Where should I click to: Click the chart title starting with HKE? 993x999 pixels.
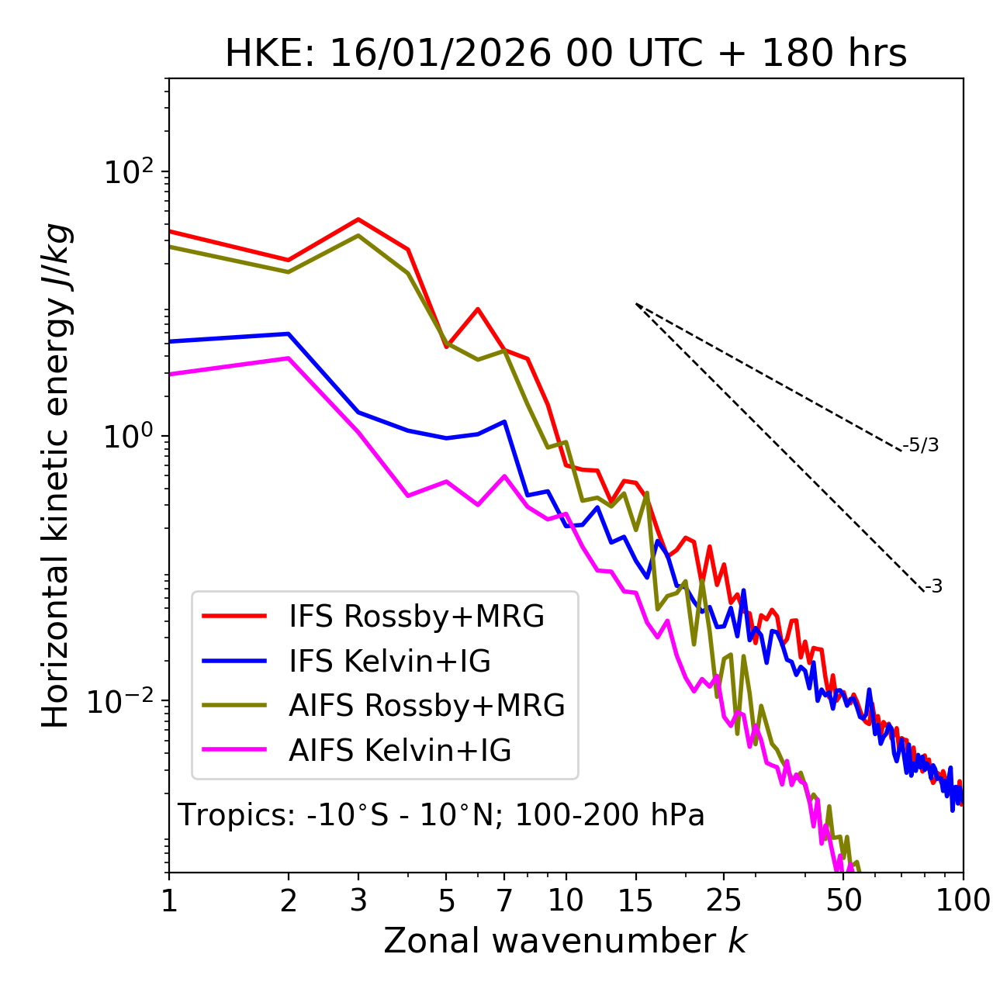(566, 54)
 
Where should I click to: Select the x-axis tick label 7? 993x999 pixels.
(504, 900)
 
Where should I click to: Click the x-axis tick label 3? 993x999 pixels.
(358, 900)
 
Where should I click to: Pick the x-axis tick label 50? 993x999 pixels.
(844, 900)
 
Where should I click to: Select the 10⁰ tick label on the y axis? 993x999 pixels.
(128, 436)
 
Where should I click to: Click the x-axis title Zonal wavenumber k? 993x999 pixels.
(566, 941)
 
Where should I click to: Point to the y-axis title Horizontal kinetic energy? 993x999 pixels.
(57, 476)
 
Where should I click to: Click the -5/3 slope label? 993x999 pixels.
(921, 446)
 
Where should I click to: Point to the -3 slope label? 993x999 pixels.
(933, 587)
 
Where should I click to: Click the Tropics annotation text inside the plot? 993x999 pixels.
(441, 816)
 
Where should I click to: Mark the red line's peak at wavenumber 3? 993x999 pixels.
(358, 220)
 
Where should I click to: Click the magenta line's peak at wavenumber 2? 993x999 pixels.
(289, 358)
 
